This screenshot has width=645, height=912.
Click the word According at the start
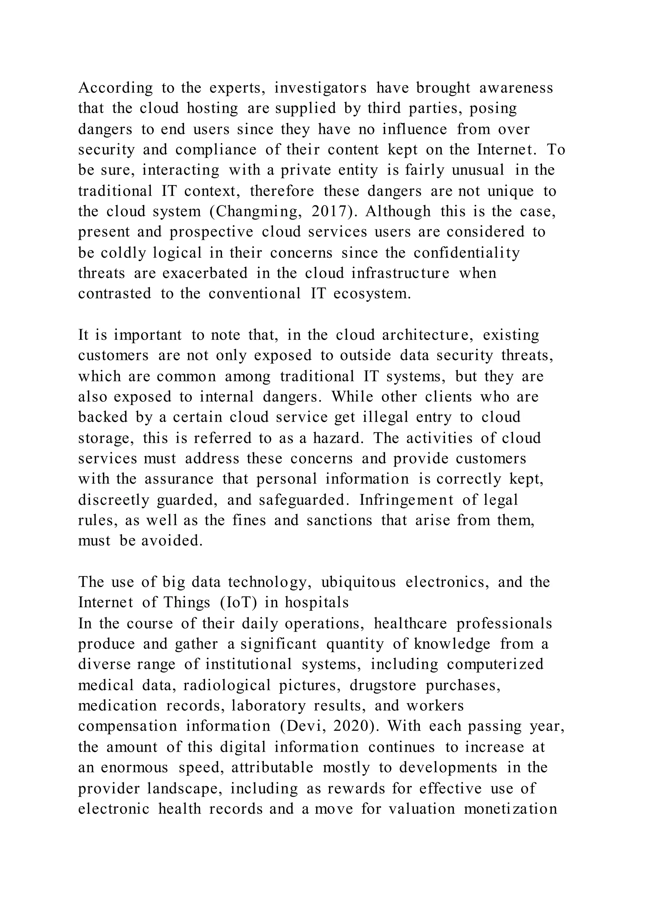pyautogui.click(x=115, y=88)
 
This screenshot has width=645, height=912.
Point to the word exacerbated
pyautogui.click(x=205, y=273)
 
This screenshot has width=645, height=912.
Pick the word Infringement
pyautogui.click(x=406, y=500)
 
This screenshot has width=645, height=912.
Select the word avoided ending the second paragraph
pyautogui.click(x=172, y=541)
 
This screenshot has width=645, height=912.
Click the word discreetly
pyautogui.click(x=113, y=500)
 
